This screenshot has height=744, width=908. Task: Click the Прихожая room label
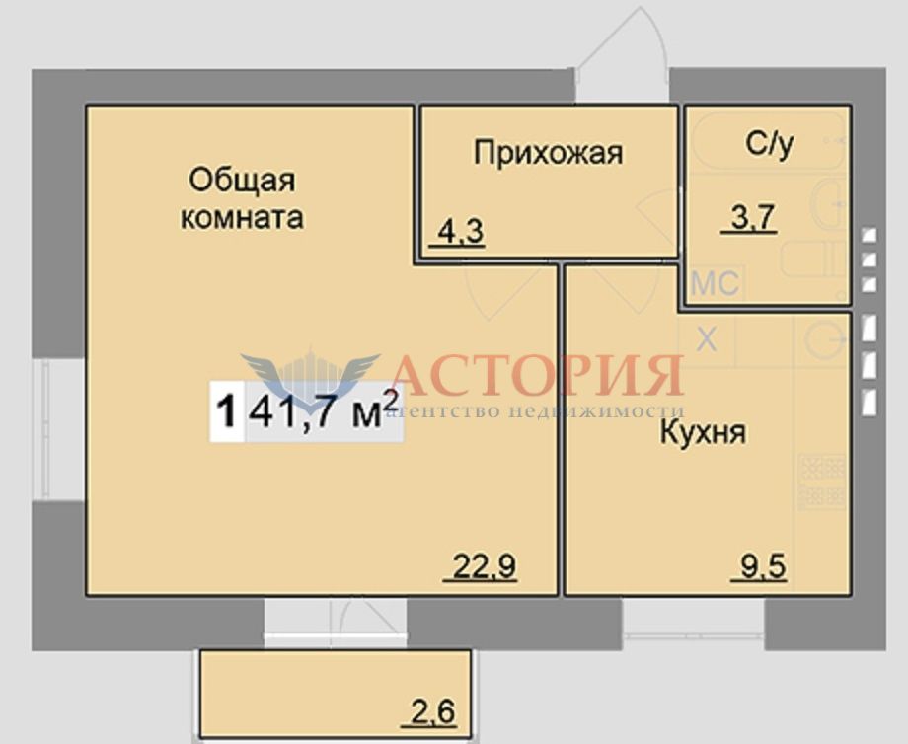tap(549, 153)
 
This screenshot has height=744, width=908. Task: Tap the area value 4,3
tap(460, 233)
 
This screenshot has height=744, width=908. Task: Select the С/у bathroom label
tap(769, 144)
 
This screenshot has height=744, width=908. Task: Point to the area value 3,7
tap(752, 218)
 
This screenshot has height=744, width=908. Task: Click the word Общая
tap(242, 180)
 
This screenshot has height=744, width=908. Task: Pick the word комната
tap(242, 218)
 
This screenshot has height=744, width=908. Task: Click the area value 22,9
tap(484, 566)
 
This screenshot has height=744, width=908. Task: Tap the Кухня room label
tap(703, 433)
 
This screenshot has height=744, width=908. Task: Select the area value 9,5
tap(763, 566)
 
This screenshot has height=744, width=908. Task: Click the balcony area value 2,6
tap(432, 712)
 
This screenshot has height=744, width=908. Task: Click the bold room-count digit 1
tap(226, 411)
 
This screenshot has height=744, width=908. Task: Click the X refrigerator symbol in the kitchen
tap(707, 338)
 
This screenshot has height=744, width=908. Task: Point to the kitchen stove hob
tap(822, 481)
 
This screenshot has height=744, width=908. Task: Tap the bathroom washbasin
tap(829, 204)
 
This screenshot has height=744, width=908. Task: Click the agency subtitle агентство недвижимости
tap(534, 411)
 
